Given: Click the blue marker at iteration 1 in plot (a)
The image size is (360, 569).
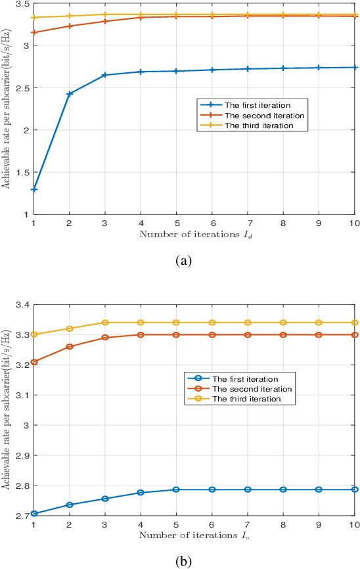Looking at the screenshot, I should coord(34,189).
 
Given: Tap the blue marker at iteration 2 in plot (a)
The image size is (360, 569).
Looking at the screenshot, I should coord(70,94).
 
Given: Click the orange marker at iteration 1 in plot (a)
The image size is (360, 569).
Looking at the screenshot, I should coord(34,32).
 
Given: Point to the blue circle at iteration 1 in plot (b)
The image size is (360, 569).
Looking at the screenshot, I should coord(34,513).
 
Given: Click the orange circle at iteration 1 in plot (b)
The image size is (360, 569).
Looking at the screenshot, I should coord(34,362).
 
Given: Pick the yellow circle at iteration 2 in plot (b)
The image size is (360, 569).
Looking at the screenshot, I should coord(70,329).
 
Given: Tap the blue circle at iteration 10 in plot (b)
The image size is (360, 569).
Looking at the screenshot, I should coord(355,489).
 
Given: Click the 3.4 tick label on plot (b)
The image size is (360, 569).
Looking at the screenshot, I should coord(21,305).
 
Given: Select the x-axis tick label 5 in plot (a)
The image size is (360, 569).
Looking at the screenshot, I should coord(177,223).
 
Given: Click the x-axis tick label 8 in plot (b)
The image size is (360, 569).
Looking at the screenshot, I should coord(283,525).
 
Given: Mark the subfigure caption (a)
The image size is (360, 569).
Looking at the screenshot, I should coord(183,261).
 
